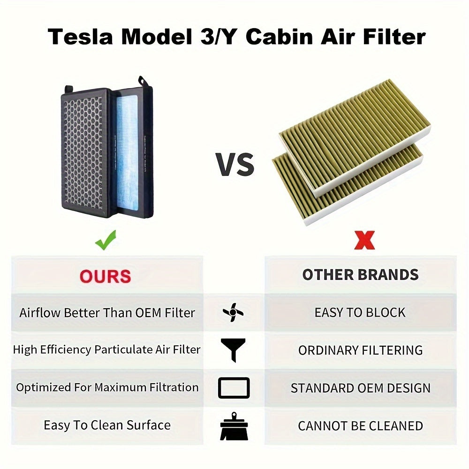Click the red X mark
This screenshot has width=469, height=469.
364,242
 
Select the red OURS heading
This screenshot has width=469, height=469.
105,276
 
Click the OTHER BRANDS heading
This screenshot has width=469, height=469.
360,275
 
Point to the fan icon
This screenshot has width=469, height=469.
233,312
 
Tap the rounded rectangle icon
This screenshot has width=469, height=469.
234,388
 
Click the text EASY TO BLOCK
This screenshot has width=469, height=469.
360,313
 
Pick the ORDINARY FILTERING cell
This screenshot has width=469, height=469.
360,350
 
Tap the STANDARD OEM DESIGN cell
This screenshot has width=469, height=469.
360,388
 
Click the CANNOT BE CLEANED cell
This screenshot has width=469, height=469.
360,426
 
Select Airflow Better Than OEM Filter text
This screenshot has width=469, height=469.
107,313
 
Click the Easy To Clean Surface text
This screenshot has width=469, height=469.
107,425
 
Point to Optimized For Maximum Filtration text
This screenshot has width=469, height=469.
107,388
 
